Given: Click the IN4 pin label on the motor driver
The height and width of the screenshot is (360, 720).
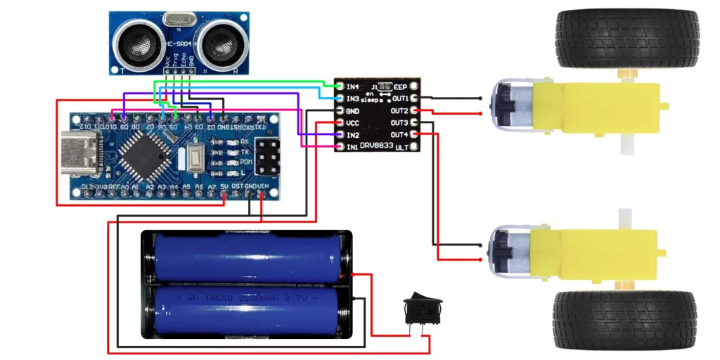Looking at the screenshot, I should point(353,86).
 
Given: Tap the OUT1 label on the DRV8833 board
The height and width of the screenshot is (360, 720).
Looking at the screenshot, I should point(400,98).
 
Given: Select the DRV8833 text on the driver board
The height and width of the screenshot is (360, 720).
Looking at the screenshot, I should point(373,145).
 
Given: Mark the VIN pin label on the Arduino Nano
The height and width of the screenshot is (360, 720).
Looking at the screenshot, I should point(262,186).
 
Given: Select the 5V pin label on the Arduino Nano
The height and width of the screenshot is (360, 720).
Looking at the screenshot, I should point(224,186).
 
